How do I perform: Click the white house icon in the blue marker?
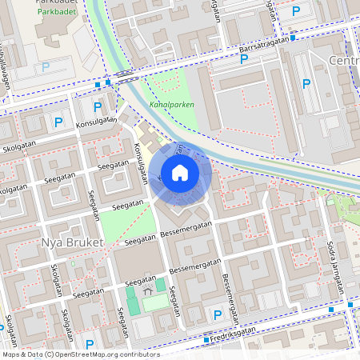coord(180,173)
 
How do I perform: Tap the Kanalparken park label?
coord(171,104)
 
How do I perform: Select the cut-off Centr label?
coord(343,61)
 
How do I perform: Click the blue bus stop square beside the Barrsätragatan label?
coord(294,37)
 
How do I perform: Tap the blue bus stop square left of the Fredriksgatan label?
coord(206,340)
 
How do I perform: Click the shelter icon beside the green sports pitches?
coord(147,294)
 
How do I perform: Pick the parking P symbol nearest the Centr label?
coord(306,83)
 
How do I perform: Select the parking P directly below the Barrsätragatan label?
coord(244,58)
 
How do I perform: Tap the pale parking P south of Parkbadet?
coord(46,68)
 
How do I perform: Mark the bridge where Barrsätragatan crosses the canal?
coord(124,75)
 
